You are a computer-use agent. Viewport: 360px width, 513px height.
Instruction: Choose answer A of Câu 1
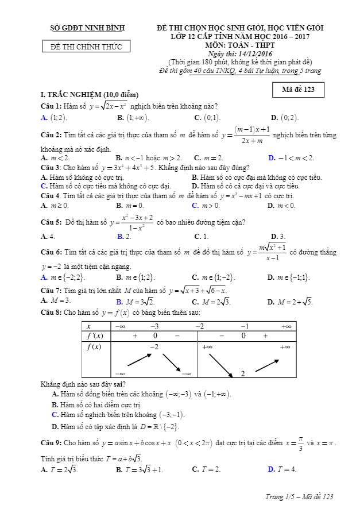point(54,118)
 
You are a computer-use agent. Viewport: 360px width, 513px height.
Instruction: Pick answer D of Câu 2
point(291,157)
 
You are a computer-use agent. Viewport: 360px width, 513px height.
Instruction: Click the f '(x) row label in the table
point(94,335)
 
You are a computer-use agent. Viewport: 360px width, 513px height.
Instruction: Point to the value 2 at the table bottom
point(243,373)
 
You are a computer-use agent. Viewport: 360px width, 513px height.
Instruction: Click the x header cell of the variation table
point(89,326)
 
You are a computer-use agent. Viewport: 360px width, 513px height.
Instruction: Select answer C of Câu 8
point(118,415)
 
